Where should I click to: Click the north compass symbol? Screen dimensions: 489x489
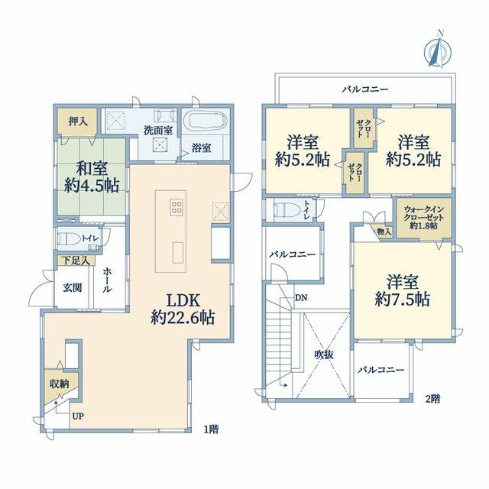coord(438,50)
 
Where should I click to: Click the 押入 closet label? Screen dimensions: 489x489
coord(78,121)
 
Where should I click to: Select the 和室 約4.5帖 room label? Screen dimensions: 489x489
coord(92,176)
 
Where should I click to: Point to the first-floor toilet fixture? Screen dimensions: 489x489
coord(67,238)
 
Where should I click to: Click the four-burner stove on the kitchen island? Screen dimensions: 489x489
coord(176,206)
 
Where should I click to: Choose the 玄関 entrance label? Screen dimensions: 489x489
coord(73,287)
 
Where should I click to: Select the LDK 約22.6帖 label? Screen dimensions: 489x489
coord(183,309)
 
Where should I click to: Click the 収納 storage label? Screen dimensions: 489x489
coord(60,384)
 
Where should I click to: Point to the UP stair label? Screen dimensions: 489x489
coord(78,416)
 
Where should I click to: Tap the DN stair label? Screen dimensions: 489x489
coord(301,298)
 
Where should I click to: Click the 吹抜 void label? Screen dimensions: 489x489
coord(324,355)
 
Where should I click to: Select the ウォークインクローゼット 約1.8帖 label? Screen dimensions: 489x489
coord(423,218)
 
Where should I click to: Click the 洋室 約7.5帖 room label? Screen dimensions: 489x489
coord(403,290)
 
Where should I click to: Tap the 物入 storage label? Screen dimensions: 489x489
coord(384,232)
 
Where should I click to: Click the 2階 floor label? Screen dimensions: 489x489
coord(433,399)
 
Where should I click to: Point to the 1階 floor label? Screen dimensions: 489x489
coord(211,429)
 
